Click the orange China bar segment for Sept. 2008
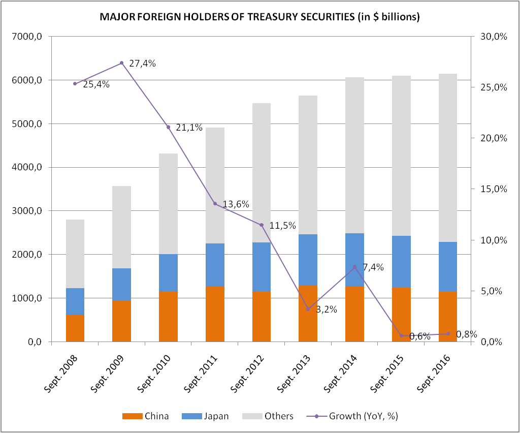point(75,328)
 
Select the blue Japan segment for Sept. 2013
point(308,260)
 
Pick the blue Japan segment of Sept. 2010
point(168,273)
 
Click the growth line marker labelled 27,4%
point(122,63)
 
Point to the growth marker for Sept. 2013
point(308,309)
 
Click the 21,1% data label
point(189,128)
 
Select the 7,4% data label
point(373,267)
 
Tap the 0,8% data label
point(466,334)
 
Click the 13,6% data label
point(236,204)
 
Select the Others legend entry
point(279,416)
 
